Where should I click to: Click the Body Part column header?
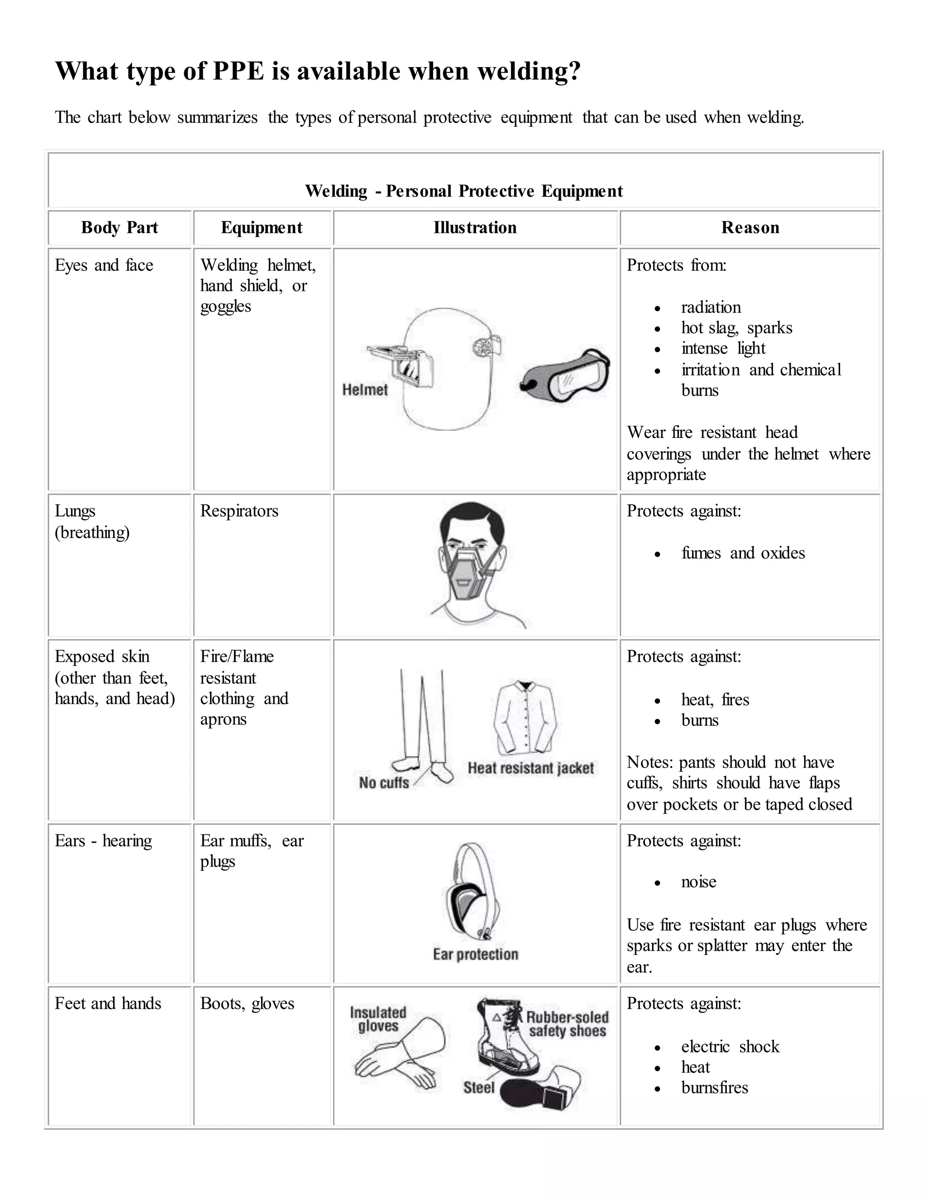pos(119,227)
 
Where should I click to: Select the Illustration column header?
pos(475,227)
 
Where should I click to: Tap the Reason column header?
pos(750,227)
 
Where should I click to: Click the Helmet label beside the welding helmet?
pos(365,389)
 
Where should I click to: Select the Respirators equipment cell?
pos(239,511)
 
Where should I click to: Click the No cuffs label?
pos(384,782)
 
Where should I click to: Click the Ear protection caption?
pos(476,955)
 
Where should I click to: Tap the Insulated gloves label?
pos(378,1019)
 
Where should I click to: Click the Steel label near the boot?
pos(478,1087)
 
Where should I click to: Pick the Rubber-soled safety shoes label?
pos(567,1024)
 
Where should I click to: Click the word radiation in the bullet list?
pos(711,307)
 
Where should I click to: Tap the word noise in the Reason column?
pos(698,882)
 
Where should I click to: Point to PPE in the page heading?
pos(239,71)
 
